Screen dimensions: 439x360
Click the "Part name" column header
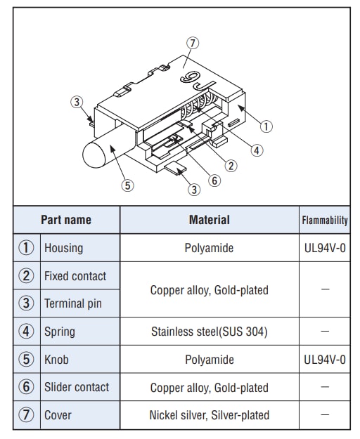click(x=66, y=220)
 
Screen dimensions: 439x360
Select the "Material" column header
click(x=209, y=220)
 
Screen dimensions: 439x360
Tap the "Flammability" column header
click(x=324, y=220)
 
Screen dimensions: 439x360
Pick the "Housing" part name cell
click(x=63, y=248)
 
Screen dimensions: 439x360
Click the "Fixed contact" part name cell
click(x=75, y=276)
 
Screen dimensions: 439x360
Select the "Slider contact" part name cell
click(x=77, y=387)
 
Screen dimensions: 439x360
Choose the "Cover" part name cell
click(x=58, y=414)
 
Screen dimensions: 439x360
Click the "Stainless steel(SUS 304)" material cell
click(x=209, y=332)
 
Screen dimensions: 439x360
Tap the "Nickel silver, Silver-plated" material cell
click(x=209, y=415)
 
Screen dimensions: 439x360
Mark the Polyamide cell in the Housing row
click(x=209, y=248)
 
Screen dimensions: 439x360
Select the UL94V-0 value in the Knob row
click(x=324, y=360)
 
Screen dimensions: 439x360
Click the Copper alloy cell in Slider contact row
click(x=209, y=388)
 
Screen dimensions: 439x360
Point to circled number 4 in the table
click(x=26, y=332)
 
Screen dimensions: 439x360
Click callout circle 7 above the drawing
click(x=193, y=44)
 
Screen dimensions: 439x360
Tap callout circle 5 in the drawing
click(x=127, y=186)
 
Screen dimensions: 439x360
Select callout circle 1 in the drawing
click(x=266, y=126)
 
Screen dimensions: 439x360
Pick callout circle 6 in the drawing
click(x=215, y=181)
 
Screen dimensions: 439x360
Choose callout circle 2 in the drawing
click(x=231, y=166)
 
